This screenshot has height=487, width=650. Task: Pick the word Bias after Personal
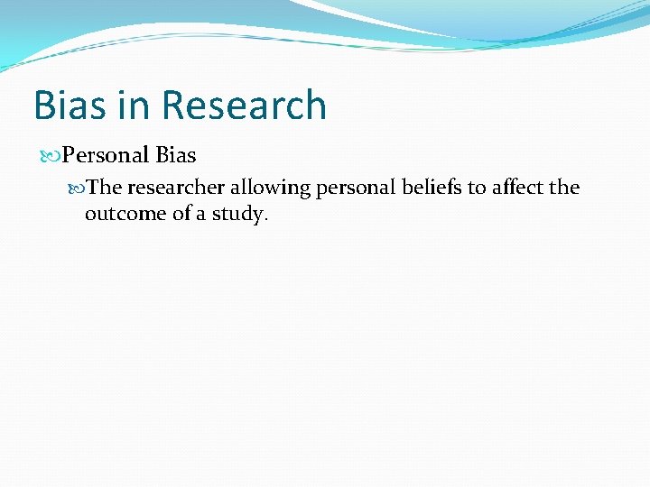tap(176, 155)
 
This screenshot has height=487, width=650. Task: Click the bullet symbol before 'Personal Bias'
tap(48, 156)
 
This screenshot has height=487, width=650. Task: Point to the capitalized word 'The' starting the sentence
tap(106, 188)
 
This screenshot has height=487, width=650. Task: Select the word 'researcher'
tap(175, 188)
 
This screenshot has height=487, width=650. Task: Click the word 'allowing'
tap(271, 188)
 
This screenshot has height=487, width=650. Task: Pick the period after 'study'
tap(266, 219)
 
